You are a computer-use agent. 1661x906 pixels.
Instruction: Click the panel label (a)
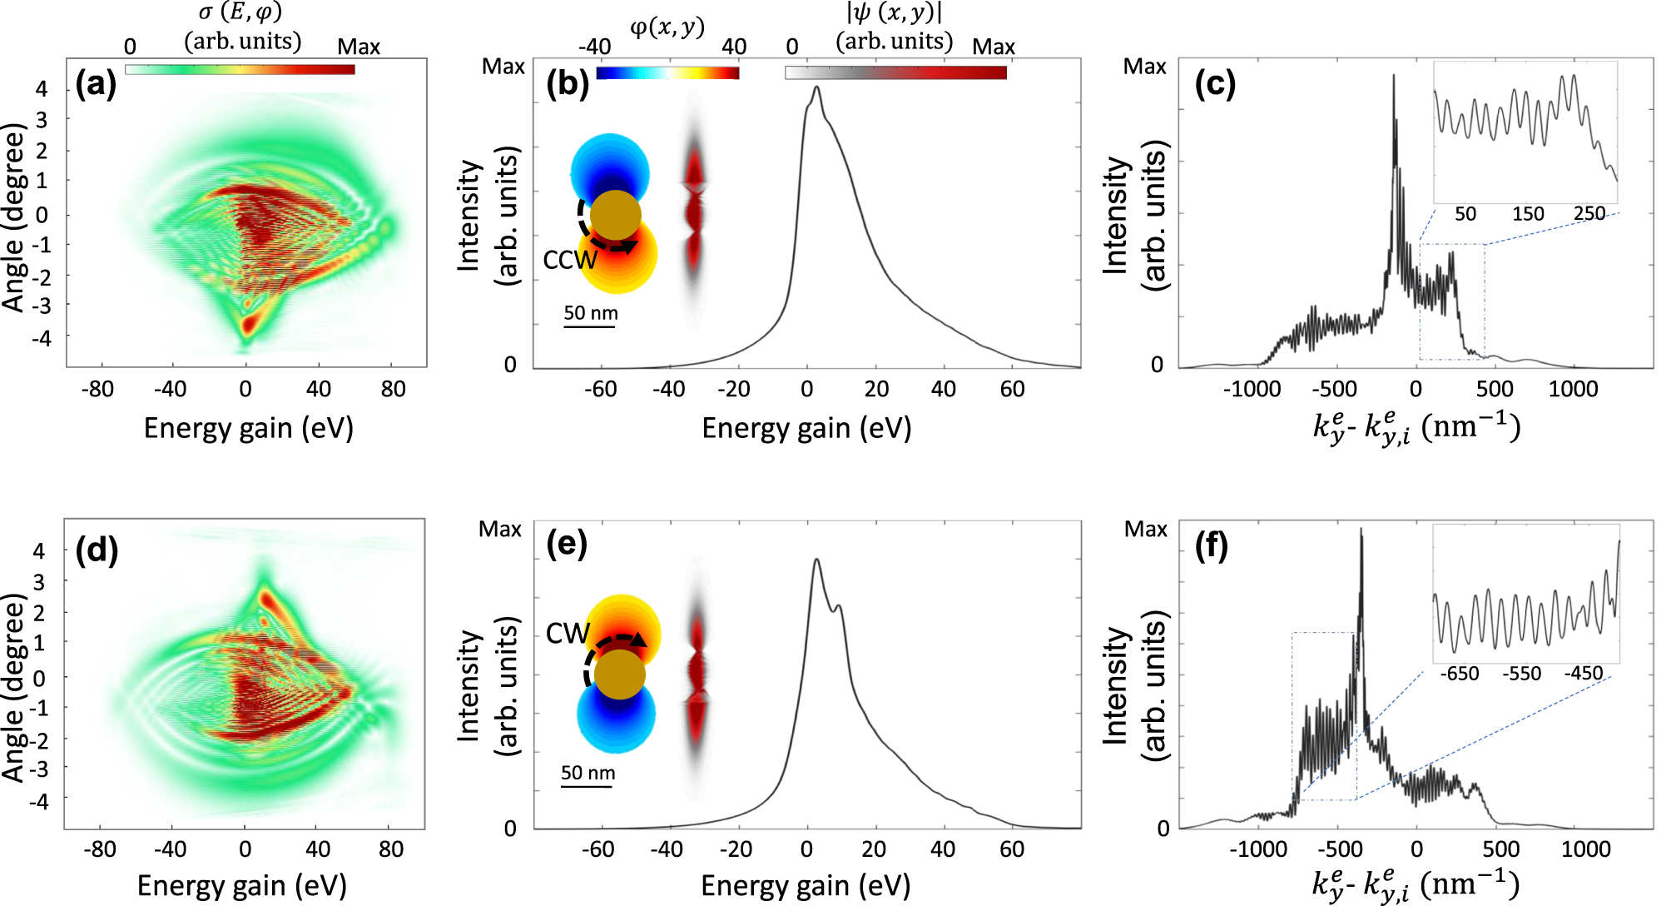pos(95,85)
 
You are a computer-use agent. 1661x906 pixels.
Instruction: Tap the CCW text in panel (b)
pos(569,261)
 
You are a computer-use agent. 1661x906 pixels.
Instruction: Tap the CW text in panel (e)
pos(567,634)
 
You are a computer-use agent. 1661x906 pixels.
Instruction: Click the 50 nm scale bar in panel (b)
pos(589,326)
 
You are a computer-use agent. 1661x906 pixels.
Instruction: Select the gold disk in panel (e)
pos(619,674)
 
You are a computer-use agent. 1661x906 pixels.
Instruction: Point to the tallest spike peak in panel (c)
pos(1393,77)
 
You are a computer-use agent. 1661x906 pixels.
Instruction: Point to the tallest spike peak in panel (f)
pos(1361,530)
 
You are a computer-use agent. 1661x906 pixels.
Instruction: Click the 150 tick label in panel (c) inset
pos(1528,214)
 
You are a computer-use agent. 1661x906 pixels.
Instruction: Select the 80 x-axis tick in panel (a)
pos(393,389)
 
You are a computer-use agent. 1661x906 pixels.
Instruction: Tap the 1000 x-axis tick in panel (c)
pos(1573,389)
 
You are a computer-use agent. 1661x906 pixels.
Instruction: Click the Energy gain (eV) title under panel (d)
pos(241,885)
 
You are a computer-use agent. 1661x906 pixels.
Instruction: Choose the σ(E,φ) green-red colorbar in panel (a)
pos(240,70)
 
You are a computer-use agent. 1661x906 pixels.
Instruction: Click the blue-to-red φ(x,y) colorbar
pos(667,73)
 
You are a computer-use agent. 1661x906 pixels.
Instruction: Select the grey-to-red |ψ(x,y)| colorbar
pos(895,73)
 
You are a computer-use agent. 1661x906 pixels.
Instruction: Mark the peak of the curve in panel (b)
pos(817,87)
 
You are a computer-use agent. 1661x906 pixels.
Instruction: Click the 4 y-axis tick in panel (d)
pos(38,550)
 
